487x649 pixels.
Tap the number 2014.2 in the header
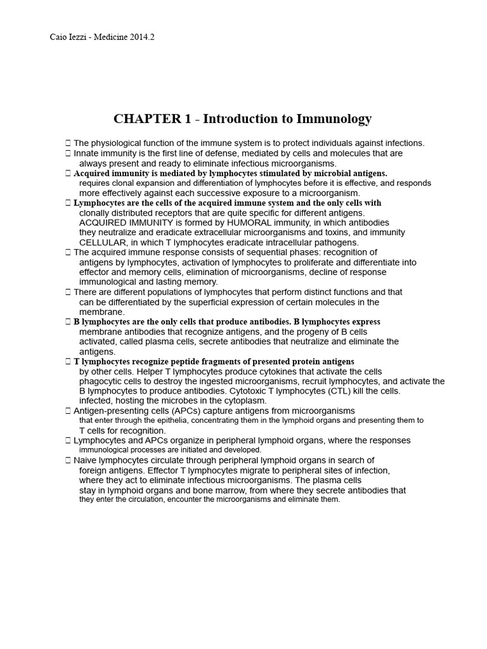pyautogui.click(x=140, y=37)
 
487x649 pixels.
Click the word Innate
pyautogui.click(x=86, y=153)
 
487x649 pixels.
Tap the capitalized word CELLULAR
pyautogui.click(x=102, y=242)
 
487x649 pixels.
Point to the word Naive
pyautogui.click(x=86, y=460)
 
